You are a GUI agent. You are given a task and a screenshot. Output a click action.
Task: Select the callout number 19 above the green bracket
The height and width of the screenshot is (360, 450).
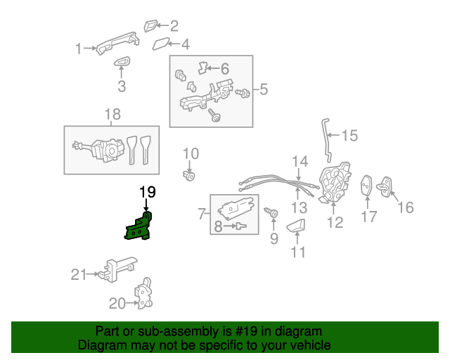tap(147, 191)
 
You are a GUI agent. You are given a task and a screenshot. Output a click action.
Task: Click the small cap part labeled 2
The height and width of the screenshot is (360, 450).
tap(151, 26)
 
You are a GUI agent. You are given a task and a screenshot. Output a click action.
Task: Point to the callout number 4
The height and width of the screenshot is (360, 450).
tap(185, 45)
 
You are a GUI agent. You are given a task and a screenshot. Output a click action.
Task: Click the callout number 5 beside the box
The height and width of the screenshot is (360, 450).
tap(264, 89)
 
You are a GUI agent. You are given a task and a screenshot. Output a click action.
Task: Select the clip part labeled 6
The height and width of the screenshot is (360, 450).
tap(203, 68)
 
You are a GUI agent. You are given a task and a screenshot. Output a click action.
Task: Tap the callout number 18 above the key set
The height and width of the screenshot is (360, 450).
tap(112, 114)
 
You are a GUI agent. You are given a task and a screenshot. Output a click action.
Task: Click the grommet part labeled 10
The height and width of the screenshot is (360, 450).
tap(189, 175)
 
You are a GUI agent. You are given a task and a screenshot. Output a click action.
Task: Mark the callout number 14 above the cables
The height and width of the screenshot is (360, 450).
tap(300, 162)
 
